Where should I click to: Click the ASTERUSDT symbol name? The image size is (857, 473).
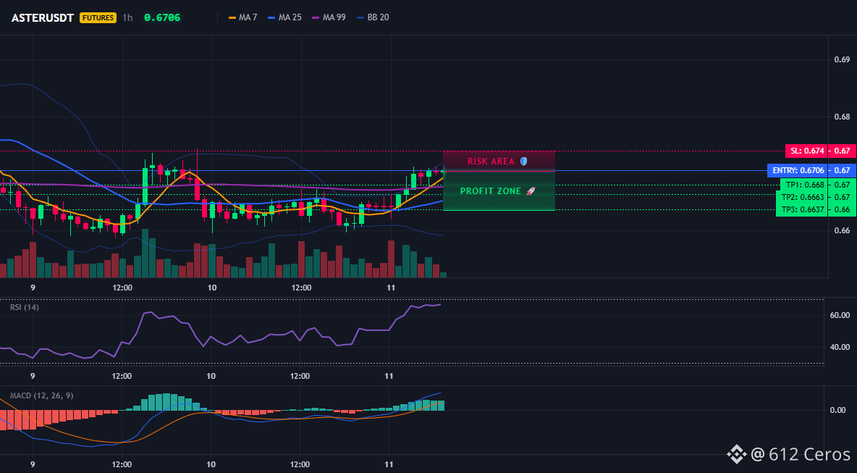43,17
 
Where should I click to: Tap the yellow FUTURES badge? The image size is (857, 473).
98,17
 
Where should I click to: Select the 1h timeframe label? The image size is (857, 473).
127,17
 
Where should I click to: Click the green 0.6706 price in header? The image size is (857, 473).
162,17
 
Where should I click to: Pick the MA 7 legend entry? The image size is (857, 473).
242,17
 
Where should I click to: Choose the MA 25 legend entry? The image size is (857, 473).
284,17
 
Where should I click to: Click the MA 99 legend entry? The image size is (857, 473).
329,17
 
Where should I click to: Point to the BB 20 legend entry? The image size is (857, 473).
373,17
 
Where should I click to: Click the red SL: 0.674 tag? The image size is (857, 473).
806,151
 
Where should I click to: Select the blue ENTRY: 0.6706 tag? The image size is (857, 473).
798,171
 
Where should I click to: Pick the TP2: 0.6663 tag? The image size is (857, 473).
801,197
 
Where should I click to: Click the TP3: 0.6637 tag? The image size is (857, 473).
801,209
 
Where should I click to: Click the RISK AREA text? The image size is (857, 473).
491,162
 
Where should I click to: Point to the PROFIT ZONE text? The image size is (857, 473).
490,191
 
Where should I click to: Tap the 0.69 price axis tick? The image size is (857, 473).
842,59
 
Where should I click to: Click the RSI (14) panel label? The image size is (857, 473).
25,307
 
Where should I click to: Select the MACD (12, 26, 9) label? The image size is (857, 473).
41,395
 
